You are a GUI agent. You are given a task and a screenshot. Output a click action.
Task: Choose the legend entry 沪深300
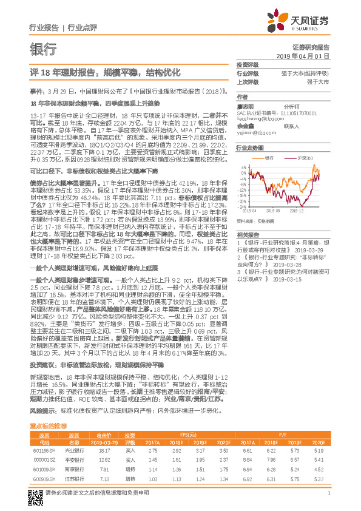click(305, 157)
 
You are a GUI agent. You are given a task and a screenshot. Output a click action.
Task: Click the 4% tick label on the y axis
click(244, 166)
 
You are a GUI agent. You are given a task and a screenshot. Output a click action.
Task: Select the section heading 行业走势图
click(249, 147)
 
